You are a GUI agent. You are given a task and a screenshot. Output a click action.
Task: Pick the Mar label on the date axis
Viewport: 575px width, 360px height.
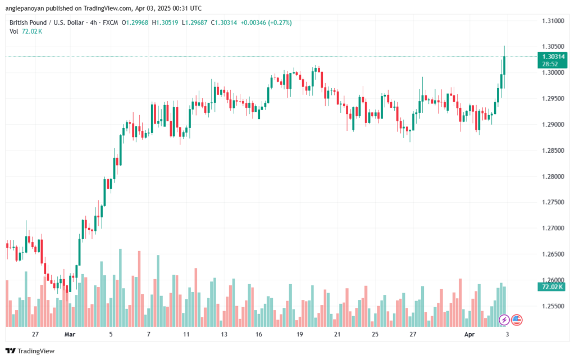70,334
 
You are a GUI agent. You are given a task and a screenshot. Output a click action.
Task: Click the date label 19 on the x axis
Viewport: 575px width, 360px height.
300,334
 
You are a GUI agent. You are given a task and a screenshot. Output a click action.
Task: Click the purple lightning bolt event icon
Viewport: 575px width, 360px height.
504,320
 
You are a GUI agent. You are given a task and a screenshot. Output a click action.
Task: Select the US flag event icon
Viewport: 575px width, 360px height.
516,320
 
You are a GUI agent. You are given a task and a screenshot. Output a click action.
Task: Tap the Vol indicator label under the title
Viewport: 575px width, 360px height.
14,31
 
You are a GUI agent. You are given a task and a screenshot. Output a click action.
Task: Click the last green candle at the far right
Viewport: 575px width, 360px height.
504,65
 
